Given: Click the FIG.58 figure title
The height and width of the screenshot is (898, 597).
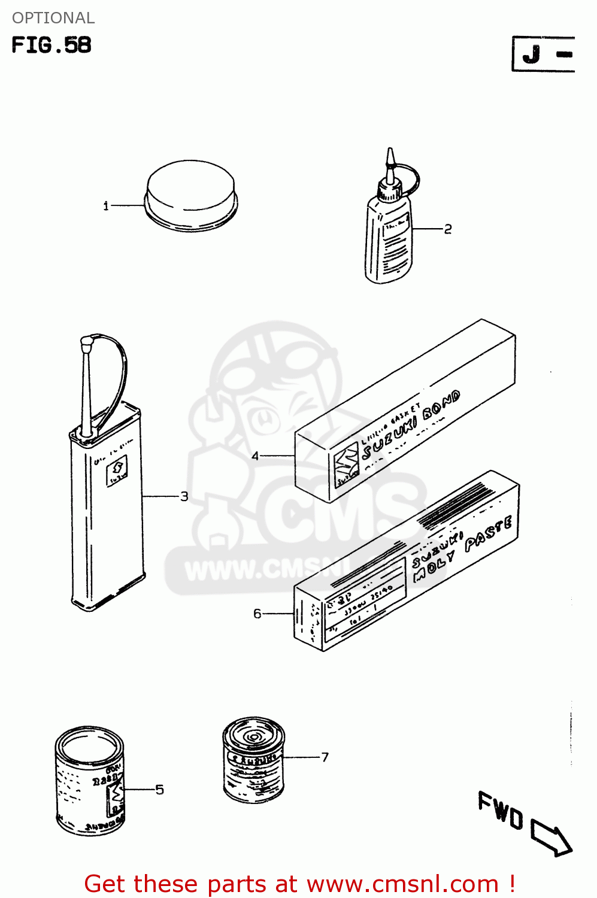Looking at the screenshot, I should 51,45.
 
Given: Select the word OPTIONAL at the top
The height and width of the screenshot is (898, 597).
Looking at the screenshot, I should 53,18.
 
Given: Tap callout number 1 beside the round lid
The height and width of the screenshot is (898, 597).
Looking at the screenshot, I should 106,207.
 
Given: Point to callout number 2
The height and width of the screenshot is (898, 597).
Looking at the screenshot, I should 448,229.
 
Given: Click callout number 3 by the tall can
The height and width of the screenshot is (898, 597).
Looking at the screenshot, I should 184,496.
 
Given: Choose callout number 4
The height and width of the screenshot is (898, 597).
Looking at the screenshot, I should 255,456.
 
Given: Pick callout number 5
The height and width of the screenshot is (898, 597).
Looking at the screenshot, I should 159,790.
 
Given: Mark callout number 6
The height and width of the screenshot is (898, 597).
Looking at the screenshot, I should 257,614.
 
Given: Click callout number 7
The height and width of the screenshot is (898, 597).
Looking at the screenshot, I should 325,757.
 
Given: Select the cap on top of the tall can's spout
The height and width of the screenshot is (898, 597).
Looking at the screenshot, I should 84,344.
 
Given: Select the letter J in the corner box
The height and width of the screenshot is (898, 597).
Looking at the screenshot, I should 531,54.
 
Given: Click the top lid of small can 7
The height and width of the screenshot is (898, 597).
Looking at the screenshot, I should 253,736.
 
